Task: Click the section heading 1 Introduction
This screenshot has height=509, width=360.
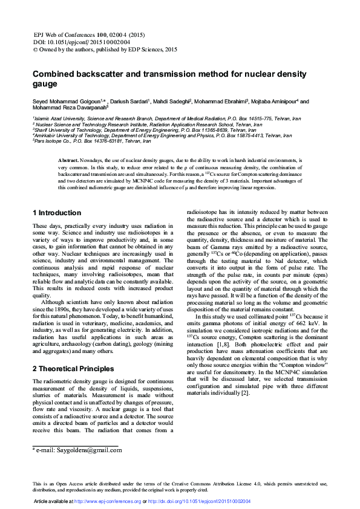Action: [x=57, y=213]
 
